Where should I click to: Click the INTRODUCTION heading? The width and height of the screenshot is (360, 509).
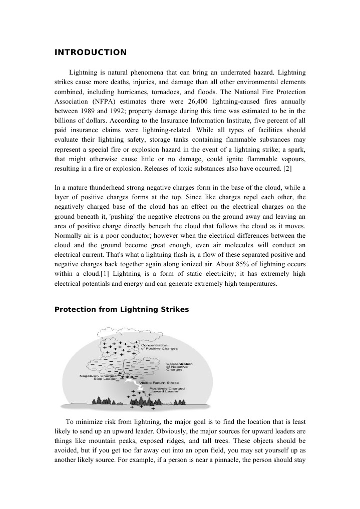pos(90,53)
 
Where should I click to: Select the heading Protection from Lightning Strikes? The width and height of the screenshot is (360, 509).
pos(121,309)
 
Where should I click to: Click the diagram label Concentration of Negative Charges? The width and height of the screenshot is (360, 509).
pos(179,366)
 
